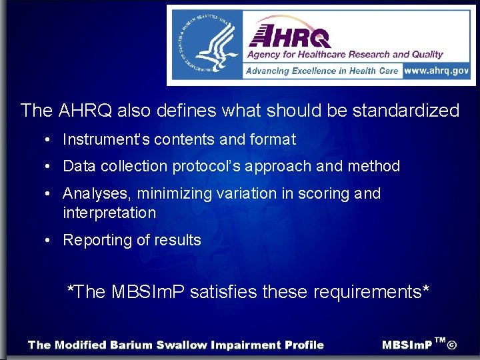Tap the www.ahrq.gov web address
pyautogui.click(x=437, y=71)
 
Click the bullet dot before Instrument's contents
pyautogui.click(x=50, y=140)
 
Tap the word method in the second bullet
pyautogui.click(x=374, y=167)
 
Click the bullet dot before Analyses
pyautogui.click(x=50, y=194)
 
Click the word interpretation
pyautogui.click(x=109, y=213)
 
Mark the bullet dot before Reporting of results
pyautogui.click(x=50, y=241)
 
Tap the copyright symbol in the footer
pyautogui.click(x=452, y=345)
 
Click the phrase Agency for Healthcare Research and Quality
pyautogui.click(x=345, y=54)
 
